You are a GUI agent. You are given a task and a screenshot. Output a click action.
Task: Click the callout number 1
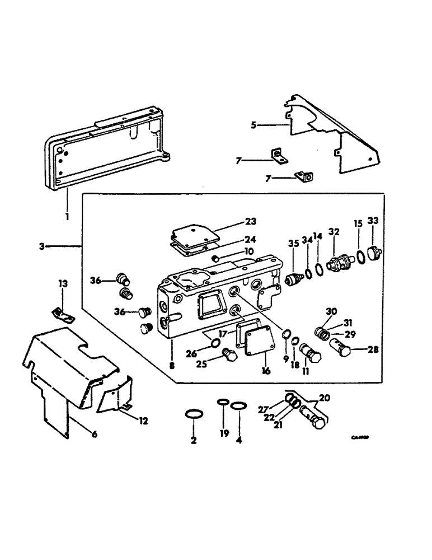point(67,215)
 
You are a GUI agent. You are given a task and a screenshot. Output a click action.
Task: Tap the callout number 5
point(253,125)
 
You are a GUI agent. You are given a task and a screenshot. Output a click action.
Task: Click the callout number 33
point(373,221)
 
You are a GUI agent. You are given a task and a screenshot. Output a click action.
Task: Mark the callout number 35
point(293,243)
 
